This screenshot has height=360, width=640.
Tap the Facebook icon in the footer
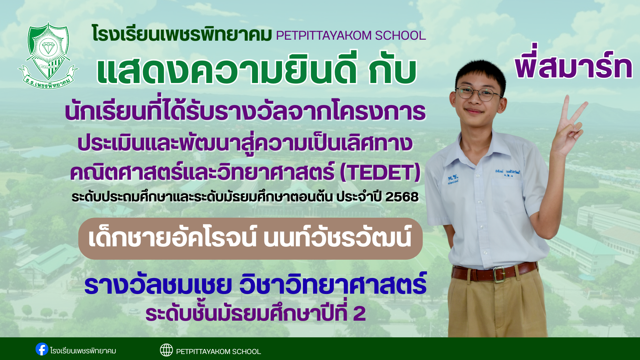click(x=42, y=349)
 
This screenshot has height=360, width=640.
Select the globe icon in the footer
click(x=166, y=350)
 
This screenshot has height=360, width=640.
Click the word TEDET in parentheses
click(x=380, y=172)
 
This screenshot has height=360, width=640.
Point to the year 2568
click(x=402, y=197)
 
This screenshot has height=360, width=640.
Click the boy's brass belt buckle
click(x=499, y=274)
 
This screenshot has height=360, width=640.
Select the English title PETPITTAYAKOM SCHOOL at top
click(x=351, y=35)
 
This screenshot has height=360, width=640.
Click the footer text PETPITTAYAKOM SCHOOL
click(x=218, y=352)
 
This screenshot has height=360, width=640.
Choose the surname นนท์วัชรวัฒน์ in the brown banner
click(x=337, y=238)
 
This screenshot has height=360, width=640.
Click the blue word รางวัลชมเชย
click(x=158, y=285)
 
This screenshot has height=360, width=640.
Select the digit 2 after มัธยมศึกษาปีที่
click(x=359, y=314)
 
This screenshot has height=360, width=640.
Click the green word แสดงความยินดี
click(x=227, y=71)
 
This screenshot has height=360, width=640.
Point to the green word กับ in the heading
click(x=392, y=71)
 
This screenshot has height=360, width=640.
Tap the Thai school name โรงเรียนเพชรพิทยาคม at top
click(x=182, y=35)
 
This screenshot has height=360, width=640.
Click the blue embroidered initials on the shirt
click(x=453, y=179)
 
